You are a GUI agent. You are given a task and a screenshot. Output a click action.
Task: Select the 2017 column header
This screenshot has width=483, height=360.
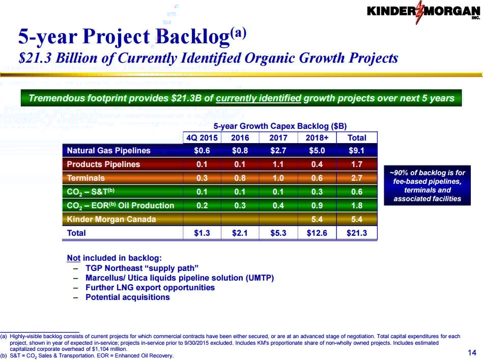click(x=278, y=137)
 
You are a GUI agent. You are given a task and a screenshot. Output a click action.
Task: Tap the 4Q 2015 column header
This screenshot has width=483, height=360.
click(x=202, y=137)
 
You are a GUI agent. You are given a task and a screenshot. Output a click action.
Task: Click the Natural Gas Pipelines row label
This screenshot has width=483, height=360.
click(x=109, y=150)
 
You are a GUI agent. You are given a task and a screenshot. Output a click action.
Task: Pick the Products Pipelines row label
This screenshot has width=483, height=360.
click(x=103, y=164)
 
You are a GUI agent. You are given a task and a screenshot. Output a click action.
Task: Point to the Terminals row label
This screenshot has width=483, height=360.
click(x=86, y=178)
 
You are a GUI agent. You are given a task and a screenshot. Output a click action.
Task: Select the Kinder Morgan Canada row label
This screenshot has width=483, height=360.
click(x=111, y=219)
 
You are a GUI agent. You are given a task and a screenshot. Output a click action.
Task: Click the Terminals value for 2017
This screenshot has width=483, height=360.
click(x=278, y=178)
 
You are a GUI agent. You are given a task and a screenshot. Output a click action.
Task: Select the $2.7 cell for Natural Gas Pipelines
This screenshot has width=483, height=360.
click(x=278, y=150)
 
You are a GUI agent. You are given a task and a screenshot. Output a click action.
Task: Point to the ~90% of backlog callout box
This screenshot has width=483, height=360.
click(x=428, y=185)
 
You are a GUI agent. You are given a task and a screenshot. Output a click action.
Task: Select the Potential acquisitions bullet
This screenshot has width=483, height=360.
click(x=127, y=297)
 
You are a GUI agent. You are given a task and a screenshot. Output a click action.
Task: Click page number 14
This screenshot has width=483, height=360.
click(x=471, y=352)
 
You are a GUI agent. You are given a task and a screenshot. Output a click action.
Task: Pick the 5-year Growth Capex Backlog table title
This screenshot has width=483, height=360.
click(x=280, y=126)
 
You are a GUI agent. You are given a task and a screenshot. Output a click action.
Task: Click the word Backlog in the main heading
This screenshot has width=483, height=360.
click(x=192, y=37)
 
